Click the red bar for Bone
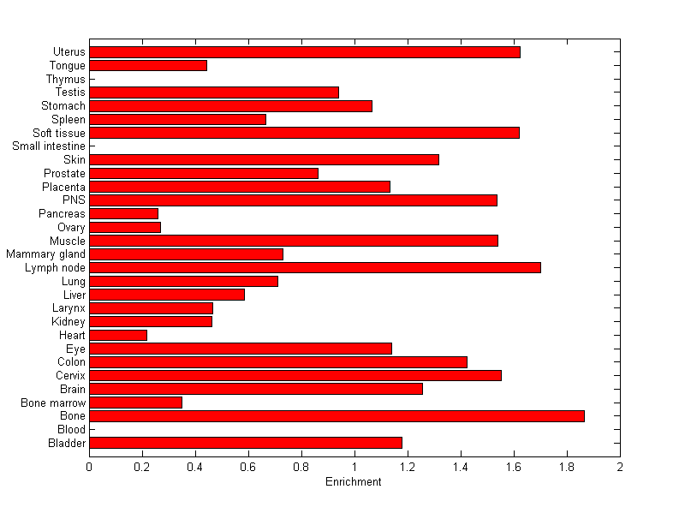pos(337,416)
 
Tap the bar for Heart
pos(118,335)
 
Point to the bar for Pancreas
pos(123,213)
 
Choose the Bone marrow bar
pos(135,403)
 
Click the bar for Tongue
pos(148,66)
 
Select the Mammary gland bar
pos(186,254)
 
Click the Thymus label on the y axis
pos(66,80)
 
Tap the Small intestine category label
pos(49,146)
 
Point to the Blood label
pos(71,430)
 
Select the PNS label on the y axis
pos(74,200)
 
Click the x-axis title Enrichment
pos(354,482)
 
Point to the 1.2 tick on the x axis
pos(408,467)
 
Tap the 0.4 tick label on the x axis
pos(195,467)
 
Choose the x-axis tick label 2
pos(620,467)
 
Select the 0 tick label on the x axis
pos(89,467)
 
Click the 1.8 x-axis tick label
pos(567,467)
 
